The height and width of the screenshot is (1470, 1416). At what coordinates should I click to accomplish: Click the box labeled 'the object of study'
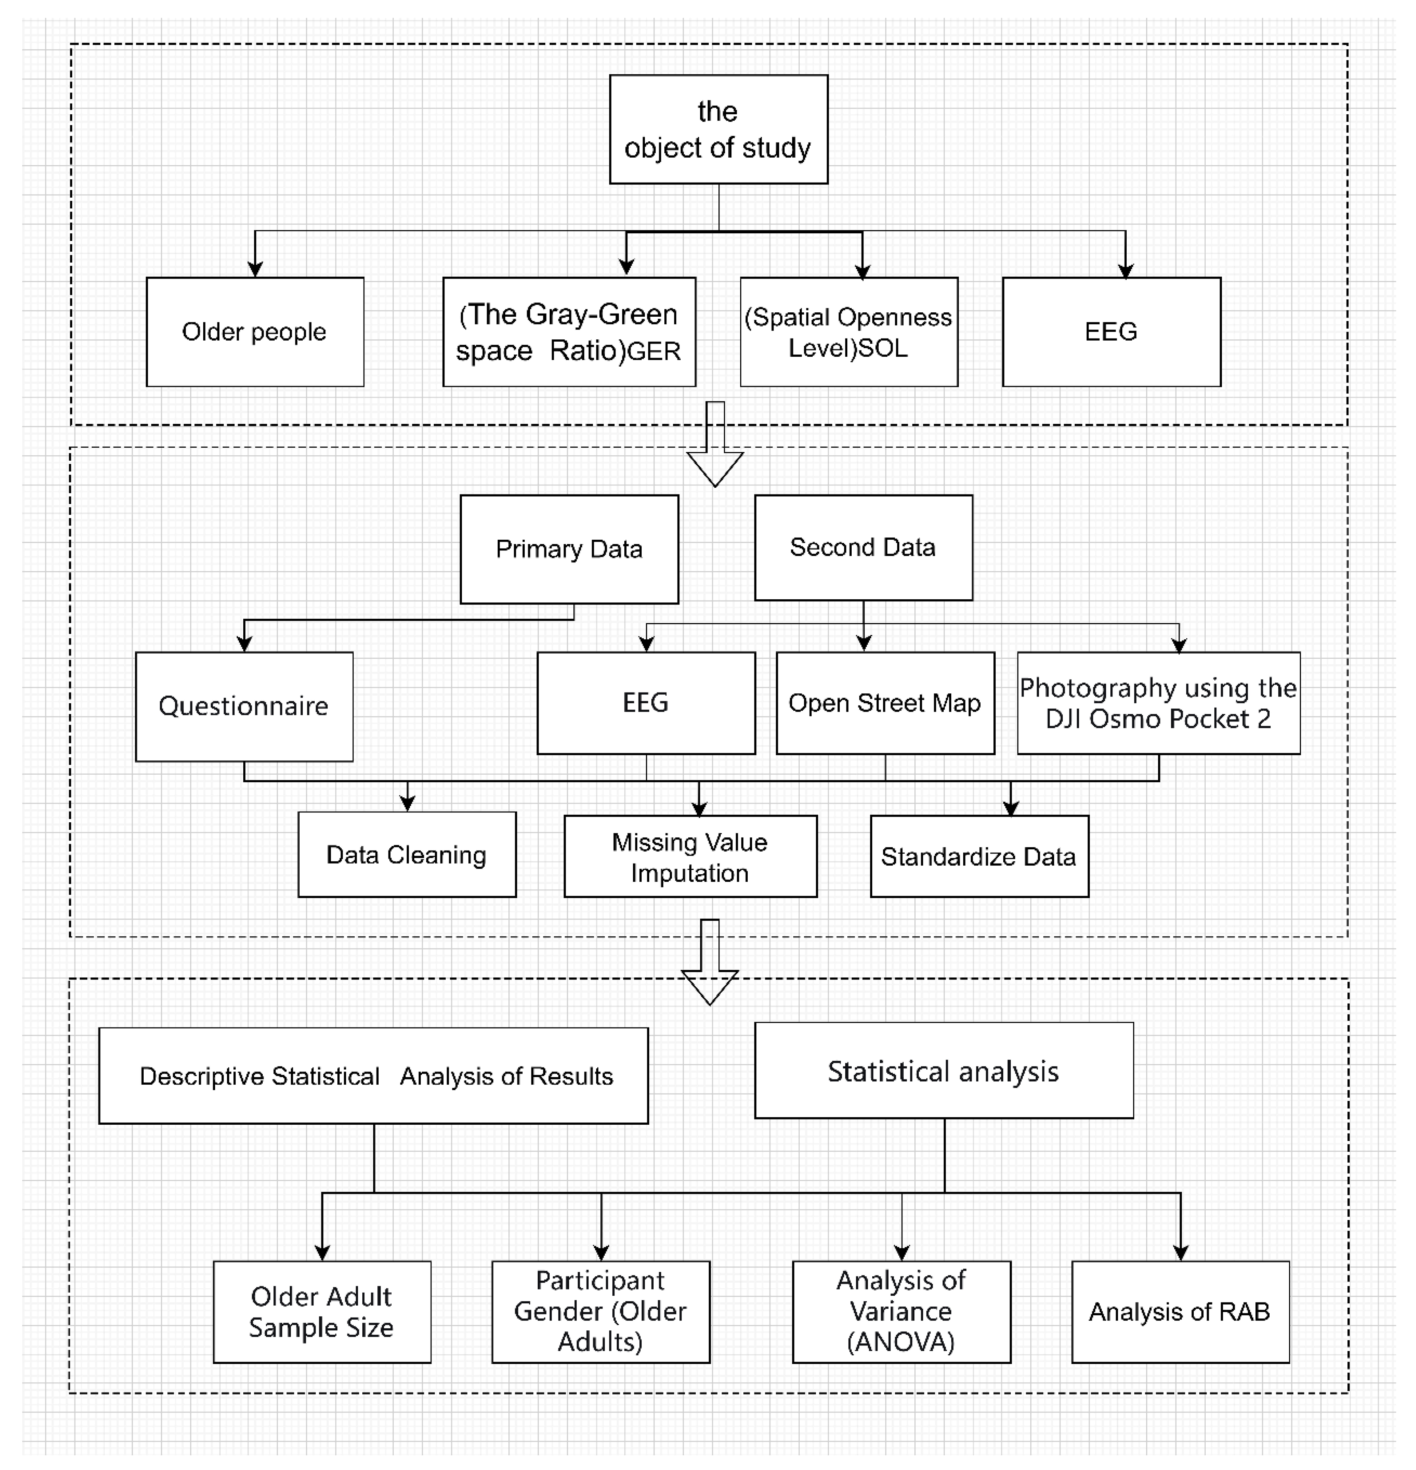click(x=718, y=129)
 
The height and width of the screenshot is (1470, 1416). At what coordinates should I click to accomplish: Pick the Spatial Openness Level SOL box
click(x=848, y=331)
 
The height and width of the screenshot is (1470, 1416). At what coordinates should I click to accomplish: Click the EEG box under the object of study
click(x=1111, y=331)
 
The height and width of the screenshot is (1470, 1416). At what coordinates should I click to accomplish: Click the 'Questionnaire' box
click(x=244, y=706)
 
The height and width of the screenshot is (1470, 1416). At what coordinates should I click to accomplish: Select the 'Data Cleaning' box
click(x=406, y=854)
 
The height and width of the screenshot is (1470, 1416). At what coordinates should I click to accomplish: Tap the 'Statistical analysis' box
click(x=943, y=1071)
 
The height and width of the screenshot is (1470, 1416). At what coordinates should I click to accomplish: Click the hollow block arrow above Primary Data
click(x=715, y=450)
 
